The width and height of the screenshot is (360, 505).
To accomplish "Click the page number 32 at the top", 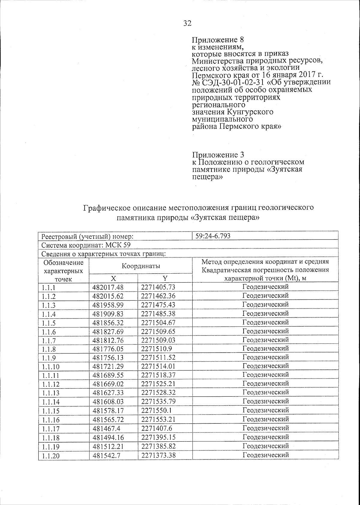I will tap(187, 23).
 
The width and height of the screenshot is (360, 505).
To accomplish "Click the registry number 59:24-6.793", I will tap(213, 236).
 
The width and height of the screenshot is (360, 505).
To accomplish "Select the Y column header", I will tap(165, 278).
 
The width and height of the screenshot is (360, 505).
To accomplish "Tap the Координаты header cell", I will tap(140, 266).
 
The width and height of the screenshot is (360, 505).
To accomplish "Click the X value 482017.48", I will tap(108, 287).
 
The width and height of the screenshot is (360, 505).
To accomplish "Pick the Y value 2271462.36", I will tap(158, 296).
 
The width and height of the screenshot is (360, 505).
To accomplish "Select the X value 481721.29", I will tap(108, 366).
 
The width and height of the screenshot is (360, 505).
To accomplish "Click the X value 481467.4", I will tap(106, 428).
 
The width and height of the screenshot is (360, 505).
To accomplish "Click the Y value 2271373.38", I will tap(158, 455).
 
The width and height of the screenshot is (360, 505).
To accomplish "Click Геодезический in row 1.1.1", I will tap(265, 287).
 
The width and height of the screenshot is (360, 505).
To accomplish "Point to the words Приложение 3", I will tap(218, 155).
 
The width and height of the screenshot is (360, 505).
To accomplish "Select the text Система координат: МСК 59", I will tap(86, 245).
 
